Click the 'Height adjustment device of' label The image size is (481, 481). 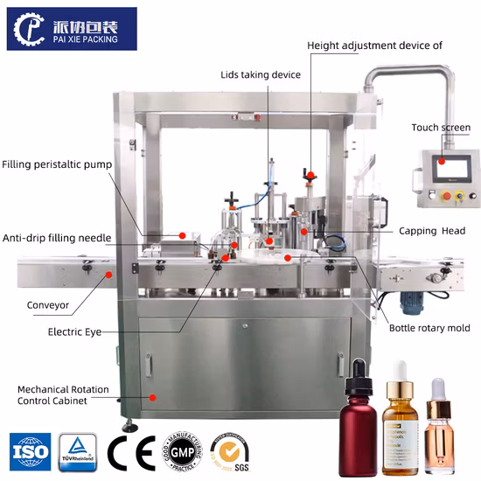pos(374,45)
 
